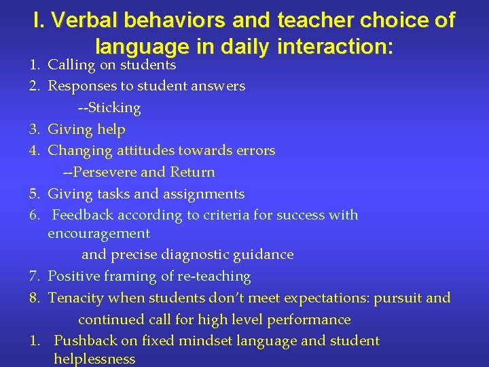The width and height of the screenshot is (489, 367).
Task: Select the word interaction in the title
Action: coord(337,46)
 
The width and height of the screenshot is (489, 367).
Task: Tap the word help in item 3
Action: coord(111,129)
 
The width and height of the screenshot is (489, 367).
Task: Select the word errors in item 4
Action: coord(254,151)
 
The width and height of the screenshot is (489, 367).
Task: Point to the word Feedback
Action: coord(83,215)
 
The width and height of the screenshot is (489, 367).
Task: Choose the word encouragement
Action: coord(98,234)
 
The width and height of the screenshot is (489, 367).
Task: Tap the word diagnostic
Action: coord(198,255)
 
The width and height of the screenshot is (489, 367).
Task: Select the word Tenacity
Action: coord(75,298)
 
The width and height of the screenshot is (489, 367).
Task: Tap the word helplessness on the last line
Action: coord(94,360)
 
